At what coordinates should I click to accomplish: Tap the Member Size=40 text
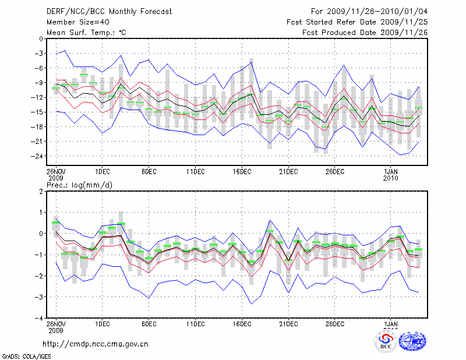pos(76,22)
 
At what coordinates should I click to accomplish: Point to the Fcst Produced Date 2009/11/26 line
pos(365,32)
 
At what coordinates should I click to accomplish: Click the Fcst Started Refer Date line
pos(357,22)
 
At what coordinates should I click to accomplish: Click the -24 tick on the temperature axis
pos(37,156)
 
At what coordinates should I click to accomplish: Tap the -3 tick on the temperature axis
pos(39,54)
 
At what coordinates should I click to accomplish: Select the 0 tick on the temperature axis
pos(41,39)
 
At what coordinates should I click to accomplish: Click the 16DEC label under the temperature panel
pos(242,171)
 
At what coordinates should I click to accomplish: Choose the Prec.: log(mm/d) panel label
pos(76,185)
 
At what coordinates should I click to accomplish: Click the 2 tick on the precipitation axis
pos(41,191)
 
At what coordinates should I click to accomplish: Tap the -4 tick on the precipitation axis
pos(39,319)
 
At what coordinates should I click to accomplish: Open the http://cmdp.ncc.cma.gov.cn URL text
pos(96,344)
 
